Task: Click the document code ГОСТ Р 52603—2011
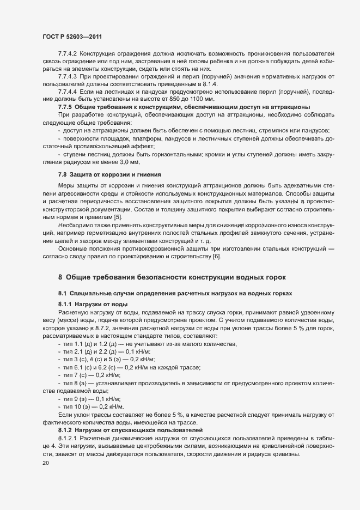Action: click(72, 37)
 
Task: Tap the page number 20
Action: click(45, 463)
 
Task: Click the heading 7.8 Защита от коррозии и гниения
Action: click(109, 174)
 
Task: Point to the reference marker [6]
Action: click(217, 257)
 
